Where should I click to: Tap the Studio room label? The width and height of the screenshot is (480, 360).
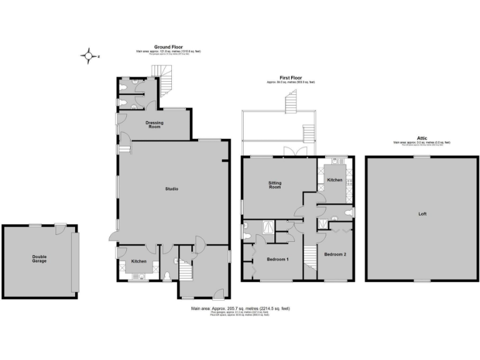(172, 189)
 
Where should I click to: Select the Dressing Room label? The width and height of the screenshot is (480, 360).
(154, 123)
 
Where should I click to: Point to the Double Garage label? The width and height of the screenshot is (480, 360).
(40, 258)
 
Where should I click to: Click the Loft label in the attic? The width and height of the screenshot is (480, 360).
(422, 214)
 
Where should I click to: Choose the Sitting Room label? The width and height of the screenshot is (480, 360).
(275, 184)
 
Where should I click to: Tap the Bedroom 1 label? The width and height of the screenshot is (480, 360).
(277, 259)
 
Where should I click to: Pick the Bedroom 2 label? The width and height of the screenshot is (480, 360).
(334, 254)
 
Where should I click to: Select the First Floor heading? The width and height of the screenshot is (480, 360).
(291, 78)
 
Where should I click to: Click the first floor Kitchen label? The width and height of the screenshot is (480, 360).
(335, 180)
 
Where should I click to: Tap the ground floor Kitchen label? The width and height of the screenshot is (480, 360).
(139, 261)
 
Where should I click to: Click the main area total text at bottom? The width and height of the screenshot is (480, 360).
(240, 309)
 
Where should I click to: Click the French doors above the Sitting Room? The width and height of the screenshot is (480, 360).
(289, 152)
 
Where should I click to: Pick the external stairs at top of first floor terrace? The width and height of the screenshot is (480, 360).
(291, 102)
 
